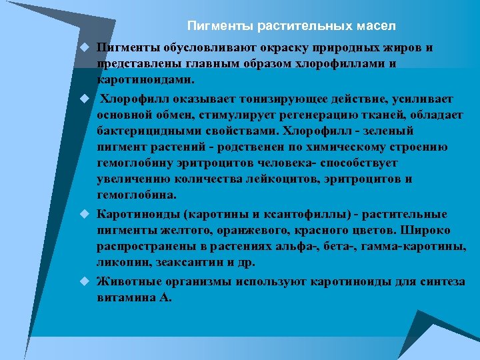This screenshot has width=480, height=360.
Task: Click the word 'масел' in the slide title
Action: (x=377, y=26)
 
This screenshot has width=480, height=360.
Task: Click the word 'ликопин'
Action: (x=121, y=263)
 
